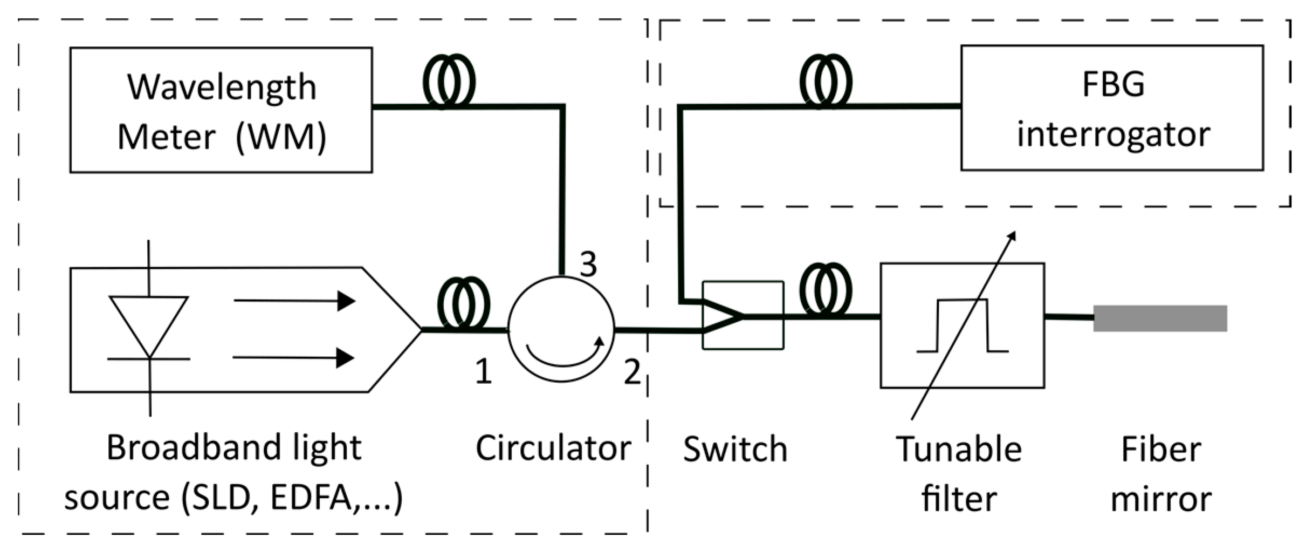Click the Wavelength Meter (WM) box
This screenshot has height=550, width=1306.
click(221, 110)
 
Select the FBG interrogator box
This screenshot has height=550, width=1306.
click(1112, 108)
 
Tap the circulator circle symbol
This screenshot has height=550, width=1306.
click(561, 329)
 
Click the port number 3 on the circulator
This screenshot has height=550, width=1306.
click(588, 264)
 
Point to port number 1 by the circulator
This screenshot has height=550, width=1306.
click(483, 372)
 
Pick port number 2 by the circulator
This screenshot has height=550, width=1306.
click(632, 372)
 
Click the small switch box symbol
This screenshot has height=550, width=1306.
click(743, 315)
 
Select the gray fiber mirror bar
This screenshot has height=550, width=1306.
click(1160, 318)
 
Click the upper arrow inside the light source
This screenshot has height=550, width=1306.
click(294, 301)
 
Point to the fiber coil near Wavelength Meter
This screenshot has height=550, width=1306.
click(449, 81)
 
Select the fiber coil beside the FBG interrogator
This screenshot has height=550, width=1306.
click(826, 81)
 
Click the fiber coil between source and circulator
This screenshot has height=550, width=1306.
click(463, 303)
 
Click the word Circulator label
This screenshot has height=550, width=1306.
click(553, 448)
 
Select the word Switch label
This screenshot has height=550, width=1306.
click(735, 449)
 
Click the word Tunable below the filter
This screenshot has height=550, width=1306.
click(959, 449)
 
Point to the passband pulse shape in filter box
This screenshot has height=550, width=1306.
click(963, 326)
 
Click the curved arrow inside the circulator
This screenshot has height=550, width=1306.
click(564, 356)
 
